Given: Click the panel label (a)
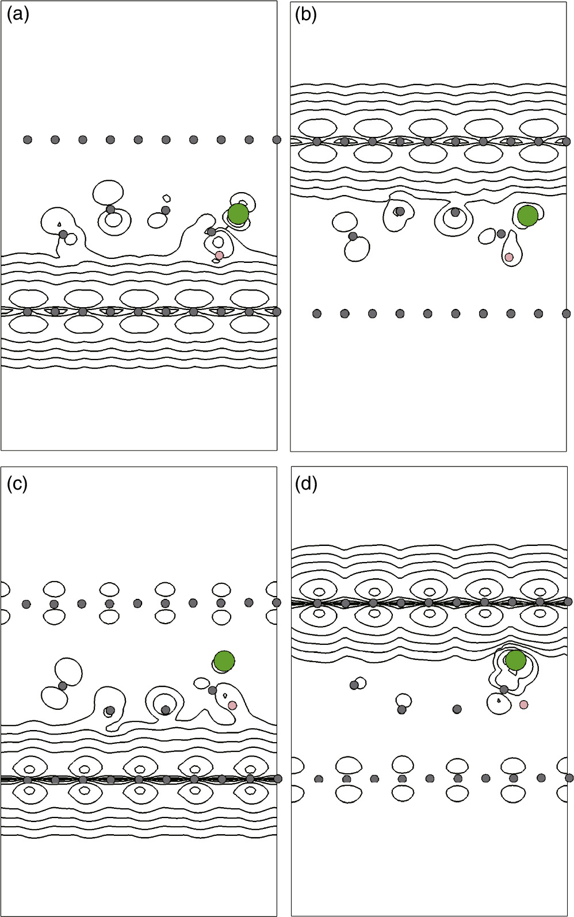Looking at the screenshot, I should [17, 14].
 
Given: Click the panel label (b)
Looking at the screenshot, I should [305, 14].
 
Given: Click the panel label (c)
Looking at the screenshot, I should [17, 484].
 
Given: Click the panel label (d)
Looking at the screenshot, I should [305, 484].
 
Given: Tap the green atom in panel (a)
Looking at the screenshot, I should [238, 214].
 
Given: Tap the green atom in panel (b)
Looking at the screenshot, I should [527, 216].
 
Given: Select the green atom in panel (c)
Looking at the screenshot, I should [224, 661].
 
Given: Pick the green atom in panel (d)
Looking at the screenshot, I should [515, 660].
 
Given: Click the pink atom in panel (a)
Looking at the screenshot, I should [219, 255].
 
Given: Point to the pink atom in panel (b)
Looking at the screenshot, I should [509, 257].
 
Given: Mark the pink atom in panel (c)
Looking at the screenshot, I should [232, 705].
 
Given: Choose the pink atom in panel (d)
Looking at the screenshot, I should [523, 704].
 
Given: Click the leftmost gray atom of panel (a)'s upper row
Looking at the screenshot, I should [28, 140].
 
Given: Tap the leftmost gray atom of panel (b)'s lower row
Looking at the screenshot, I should [317, 314].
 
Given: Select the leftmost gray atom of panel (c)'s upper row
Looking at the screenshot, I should [26, 604].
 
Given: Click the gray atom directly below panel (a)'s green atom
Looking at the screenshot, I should [211, 232].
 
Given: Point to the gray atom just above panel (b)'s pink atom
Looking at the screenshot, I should [501, 234].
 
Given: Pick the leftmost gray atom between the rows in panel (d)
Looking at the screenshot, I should [354, 685].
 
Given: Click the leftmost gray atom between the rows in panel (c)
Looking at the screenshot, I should [62, 686].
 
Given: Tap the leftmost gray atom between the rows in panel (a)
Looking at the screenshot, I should [63, 234].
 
